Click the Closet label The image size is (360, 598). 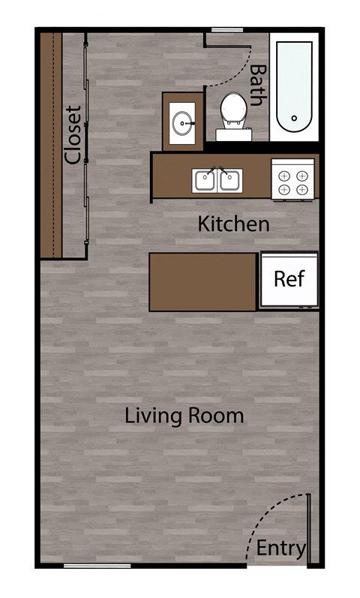tap(73, 135)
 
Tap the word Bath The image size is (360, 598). tap(259, 84)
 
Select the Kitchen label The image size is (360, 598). tap(233, 224)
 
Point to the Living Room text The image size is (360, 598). tap(184, 415)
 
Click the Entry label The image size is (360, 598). tap(281, 548)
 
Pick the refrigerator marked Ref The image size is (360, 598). tap(289, 280)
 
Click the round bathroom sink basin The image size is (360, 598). tap(182, 122)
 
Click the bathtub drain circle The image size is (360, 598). tap(294, 119)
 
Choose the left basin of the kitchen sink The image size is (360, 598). tap(205, 180)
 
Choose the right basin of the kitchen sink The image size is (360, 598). tap(230, 180)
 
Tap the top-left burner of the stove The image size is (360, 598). tap(284, 175)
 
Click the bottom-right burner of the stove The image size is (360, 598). tap(301, 190)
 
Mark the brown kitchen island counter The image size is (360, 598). tap(203, 282)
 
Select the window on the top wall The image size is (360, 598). tap(226, 30)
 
